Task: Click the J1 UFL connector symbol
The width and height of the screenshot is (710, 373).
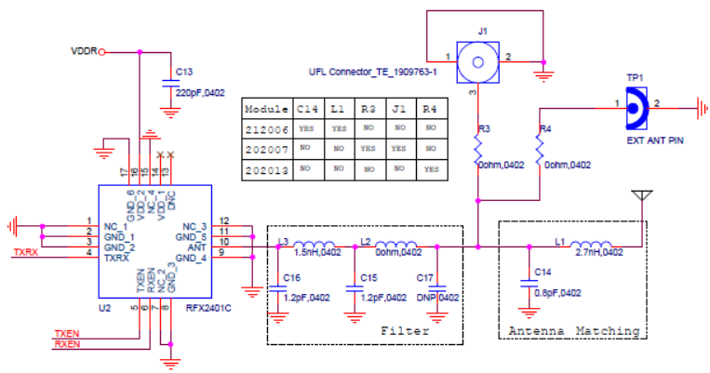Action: pos(478,60)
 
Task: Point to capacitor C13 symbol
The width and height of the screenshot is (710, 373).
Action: pos(169,84)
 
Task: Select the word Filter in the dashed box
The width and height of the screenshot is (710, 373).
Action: pos(405,330)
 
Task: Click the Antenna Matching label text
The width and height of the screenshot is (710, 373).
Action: pos(573,331)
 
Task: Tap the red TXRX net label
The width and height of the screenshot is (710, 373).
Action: pos(26,253)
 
